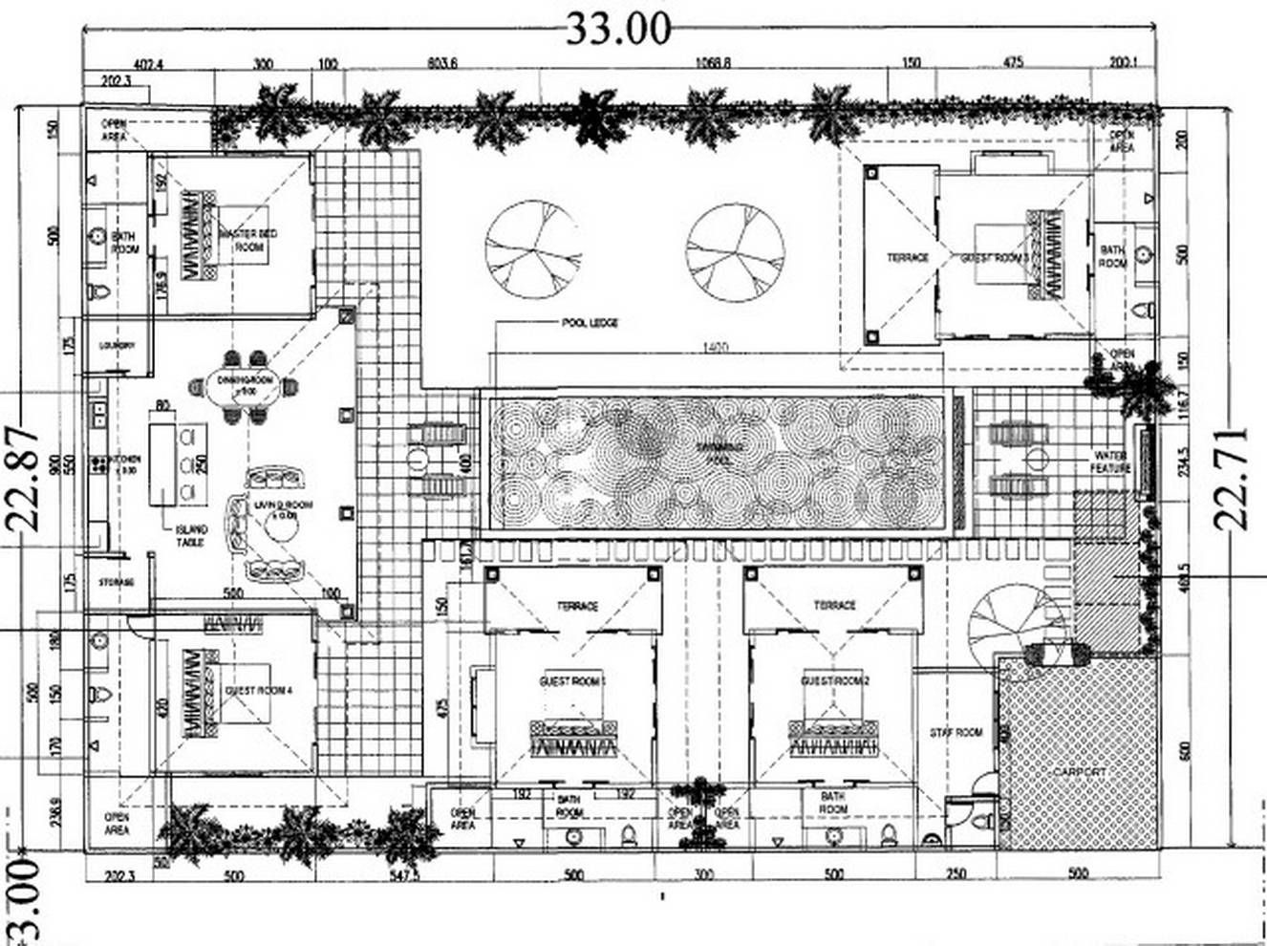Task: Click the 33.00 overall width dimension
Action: (x=619, y=29)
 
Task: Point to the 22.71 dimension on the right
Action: (x=1233, y=478)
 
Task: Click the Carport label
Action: (x=1079, y=771)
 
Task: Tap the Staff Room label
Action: (x=956, y=733)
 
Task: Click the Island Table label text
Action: (x=191, y=537)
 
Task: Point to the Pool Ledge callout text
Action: (x=589, y=323)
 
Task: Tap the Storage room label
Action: (x=117, y=582)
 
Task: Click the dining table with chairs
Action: (x=245, y=387)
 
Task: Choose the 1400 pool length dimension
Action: (x=714, y=348)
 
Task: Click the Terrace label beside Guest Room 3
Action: (x=907, y=257)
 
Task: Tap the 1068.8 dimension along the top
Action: (x=714, y=63)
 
